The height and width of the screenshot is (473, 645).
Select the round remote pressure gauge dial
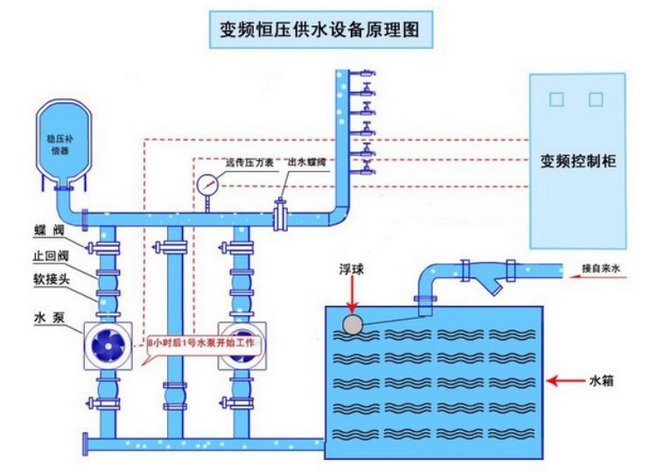point(207,185)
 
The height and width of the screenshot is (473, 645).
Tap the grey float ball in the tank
point(354,325)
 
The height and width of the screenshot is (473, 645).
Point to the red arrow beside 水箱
point(565,381)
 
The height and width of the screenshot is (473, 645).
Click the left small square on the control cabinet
point(554,99)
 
